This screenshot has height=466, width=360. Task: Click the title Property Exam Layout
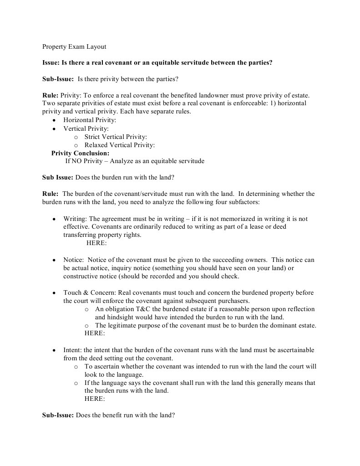point(74,46)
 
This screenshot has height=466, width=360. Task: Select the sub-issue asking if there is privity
point(110,79)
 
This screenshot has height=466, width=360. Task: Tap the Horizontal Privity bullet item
point(90,120)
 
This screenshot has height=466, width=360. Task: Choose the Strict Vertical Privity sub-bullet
point(116,136)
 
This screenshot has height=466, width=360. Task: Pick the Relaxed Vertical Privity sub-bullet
point(119,145)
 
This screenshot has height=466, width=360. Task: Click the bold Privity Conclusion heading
point(80,153)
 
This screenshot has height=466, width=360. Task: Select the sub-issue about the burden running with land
point(106,177)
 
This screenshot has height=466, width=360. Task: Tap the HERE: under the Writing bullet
point(96,243)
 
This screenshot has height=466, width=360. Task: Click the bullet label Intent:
point(73,350)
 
